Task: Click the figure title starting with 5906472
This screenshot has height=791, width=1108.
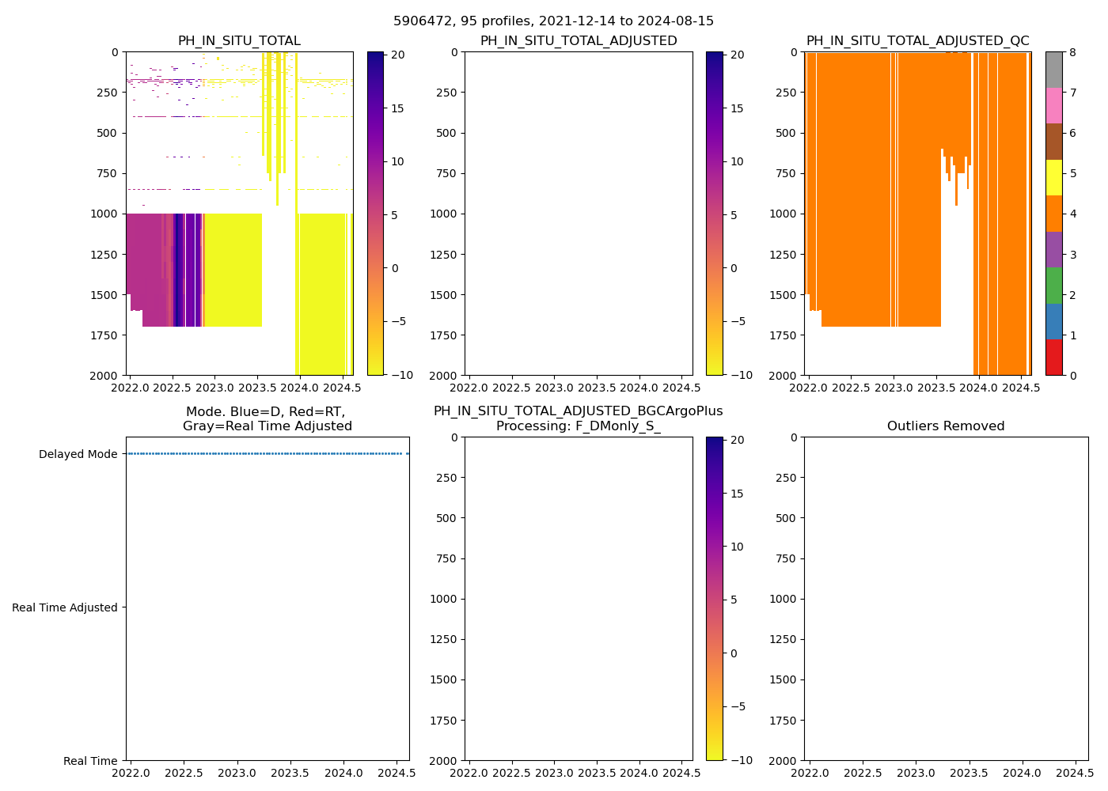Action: point(553,21)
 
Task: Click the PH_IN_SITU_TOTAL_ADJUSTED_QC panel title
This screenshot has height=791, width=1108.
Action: point(917,41)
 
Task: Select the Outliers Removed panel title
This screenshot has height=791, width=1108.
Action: point(946,426)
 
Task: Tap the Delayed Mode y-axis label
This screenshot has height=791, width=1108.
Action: point(78,454)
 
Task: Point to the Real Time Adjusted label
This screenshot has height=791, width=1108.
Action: point(65,607)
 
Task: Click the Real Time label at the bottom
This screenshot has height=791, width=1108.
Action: point(90,761)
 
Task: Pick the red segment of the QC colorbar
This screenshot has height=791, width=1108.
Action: point(1053,358)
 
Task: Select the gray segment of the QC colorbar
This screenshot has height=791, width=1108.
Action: point(1053,70)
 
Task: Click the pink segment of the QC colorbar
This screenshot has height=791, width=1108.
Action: point(1053,105)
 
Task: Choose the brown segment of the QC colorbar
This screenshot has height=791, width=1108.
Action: point(1053,142)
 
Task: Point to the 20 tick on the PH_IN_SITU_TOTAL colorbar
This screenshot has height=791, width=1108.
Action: point(398,55)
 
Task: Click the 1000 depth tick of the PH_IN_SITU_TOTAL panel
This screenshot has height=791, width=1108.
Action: point(104,214)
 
